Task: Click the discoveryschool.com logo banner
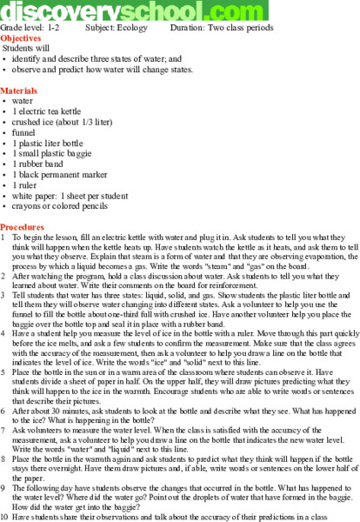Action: tap(135, 11)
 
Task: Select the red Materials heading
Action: tap(20, 90)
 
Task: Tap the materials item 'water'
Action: tap(23, 101)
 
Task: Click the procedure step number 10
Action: tap(6, 517)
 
